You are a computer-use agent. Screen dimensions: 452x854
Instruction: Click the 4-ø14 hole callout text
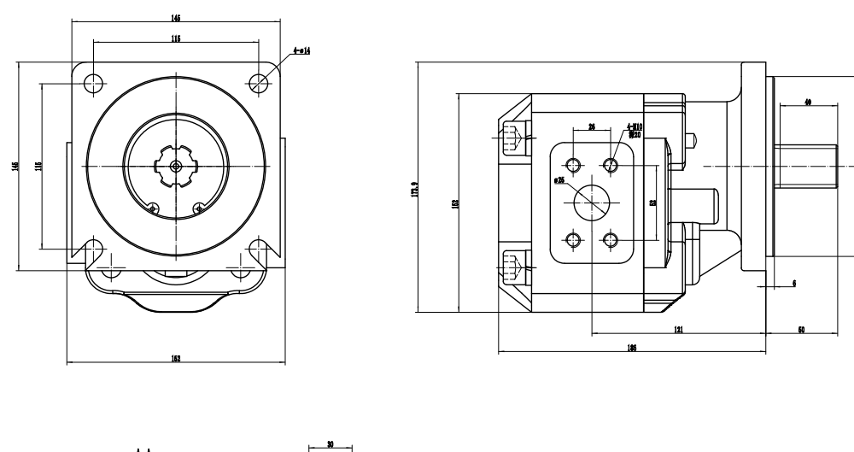301,51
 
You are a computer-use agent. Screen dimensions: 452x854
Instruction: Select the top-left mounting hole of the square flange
94,83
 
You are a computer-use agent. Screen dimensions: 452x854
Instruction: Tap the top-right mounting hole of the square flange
260,82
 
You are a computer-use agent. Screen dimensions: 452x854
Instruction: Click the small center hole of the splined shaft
176,166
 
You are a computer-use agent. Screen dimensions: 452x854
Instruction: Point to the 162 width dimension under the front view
175,360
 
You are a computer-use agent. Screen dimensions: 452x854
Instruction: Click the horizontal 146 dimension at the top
176,17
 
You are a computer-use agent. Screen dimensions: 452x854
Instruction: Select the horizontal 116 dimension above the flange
176,38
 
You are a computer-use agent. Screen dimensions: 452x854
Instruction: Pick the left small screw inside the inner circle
152,206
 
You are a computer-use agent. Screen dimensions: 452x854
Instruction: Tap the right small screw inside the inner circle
199,206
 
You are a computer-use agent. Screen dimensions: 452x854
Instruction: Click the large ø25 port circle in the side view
591,202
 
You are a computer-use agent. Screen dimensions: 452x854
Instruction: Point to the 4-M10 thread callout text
635,128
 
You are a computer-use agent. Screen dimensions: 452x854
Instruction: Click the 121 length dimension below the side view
677,329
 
